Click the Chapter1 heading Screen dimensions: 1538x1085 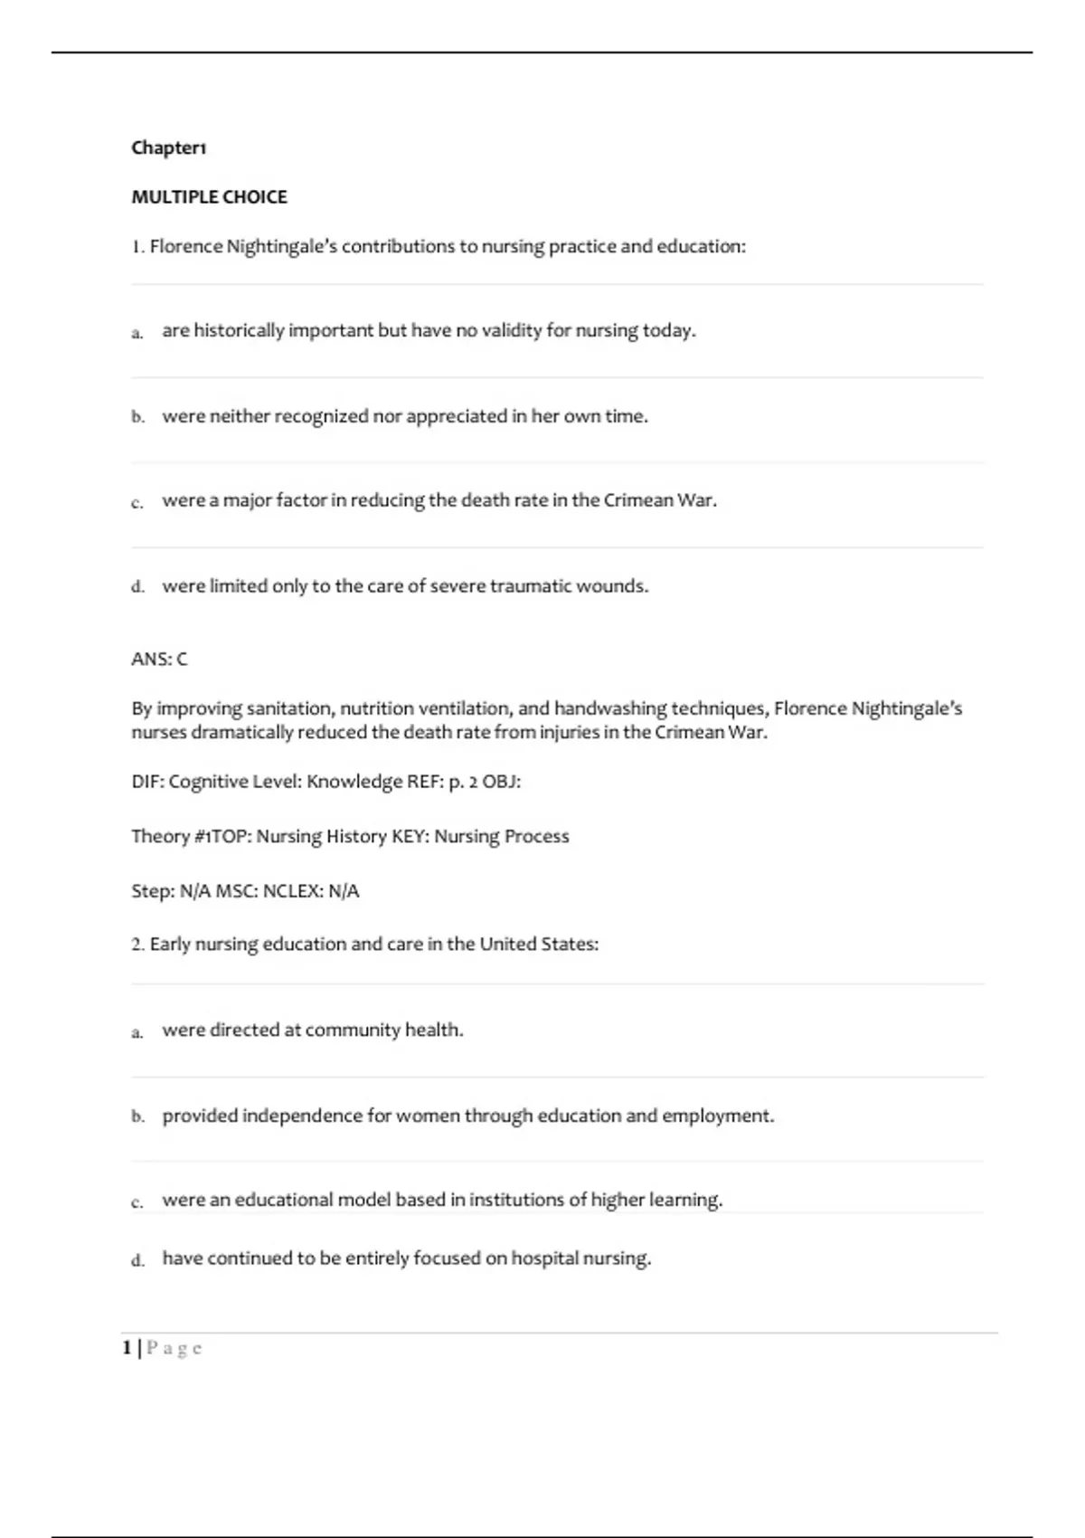click(169, 147)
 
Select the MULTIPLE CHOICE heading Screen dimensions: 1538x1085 click(209, 197)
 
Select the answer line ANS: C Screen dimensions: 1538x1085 click(159, 660)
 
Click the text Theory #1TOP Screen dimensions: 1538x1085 click(189, 837)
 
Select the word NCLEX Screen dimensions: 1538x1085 click(293, 891)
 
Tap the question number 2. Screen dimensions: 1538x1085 click(137, 945)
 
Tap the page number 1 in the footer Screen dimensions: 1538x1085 click(127, 1349)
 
